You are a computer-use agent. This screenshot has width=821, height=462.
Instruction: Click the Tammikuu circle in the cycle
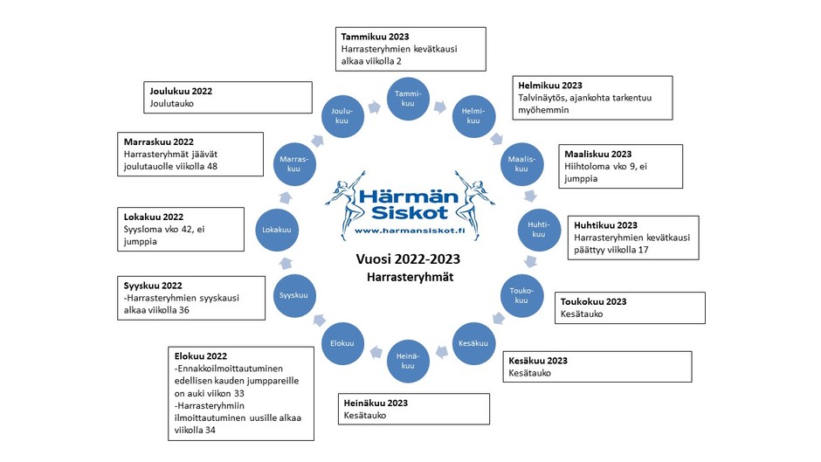(408, 99)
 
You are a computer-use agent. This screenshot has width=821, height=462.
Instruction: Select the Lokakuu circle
(277, 230)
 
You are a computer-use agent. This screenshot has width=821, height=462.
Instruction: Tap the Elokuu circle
(342, 343)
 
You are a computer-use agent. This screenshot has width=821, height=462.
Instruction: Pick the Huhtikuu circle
(539, 230)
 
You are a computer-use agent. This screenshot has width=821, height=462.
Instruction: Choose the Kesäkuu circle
(473, 343)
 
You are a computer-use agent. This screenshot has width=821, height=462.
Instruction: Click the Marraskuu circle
(294, 164)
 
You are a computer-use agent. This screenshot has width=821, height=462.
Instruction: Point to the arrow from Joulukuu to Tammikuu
(374, 107)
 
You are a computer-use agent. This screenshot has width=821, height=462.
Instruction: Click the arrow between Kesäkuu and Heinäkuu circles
(442, 352)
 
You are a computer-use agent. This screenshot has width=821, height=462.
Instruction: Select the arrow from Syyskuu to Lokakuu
(286, 263)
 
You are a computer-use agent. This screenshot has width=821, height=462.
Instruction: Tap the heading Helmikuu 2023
(549, 86)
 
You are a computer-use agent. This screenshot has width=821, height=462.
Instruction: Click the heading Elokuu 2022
(201, 356)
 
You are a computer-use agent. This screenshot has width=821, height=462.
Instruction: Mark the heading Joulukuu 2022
(181, 91)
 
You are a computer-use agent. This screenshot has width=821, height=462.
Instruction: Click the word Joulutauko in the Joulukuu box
(172, 104)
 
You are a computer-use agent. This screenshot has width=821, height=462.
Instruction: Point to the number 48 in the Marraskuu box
(211, 167)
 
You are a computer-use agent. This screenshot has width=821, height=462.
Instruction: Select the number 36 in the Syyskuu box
(183, 310)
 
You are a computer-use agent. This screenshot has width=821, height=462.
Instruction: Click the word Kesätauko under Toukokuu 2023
(581, 314)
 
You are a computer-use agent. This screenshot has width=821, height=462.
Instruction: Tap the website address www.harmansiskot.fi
(410, 231)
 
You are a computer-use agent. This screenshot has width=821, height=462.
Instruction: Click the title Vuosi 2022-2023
(408, 259)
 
